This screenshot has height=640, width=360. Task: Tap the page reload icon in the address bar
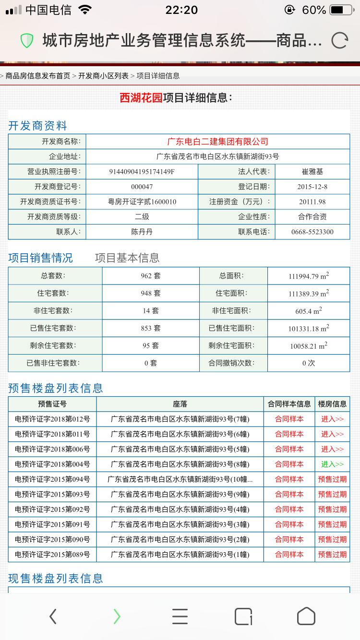point(339,40)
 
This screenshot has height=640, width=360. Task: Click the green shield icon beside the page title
point(27,41)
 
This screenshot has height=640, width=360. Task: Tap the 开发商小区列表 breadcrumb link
point(103,76)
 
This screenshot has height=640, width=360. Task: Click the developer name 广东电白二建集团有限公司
point(217,142)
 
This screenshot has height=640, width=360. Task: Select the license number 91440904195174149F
point(142,172)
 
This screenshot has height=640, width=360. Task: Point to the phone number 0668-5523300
point(312,232)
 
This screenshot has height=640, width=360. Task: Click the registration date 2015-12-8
point(312,187)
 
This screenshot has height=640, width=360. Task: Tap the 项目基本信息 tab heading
point(127,258)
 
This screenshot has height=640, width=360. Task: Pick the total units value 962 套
point(151,276)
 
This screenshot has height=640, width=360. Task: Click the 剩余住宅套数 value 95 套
point(151,345)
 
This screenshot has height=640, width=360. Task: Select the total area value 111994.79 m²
point(309,276)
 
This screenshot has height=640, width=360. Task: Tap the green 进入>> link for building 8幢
point(332,464)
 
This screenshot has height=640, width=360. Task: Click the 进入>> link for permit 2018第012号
point(332,419)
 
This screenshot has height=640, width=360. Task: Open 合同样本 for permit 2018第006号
point(289,449)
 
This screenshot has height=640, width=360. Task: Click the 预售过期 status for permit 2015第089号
point(332,555)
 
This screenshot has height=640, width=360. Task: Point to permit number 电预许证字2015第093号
point(52,494)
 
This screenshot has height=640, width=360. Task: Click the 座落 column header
point(180,404)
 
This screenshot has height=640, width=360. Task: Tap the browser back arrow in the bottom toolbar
point(53,616)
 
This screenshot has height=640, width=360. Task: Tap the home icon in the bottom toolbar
point(306,616)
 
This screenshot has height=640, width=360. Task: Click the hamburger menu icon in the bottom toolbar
point(180,616)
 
